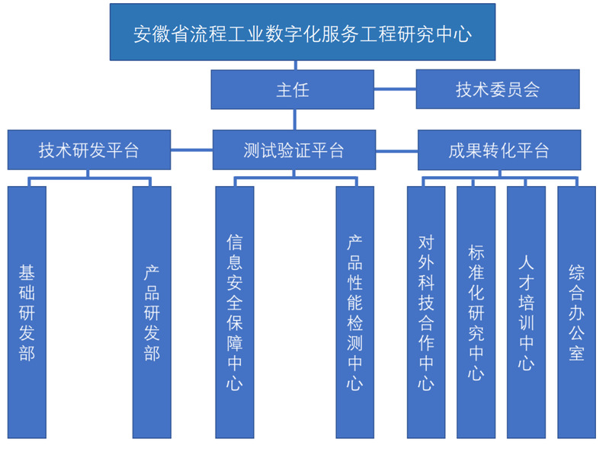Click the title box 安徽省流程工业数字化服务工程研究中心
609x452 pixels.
302,33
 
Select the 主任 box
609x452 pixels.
293,89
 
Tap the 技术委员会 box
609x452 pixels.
497,89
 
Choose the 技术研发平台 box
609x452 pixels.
89,150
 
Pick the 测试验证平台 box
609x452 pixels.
293,150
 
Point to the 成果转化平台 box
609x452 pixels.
498,150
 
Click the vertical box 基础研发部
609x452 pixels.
27,312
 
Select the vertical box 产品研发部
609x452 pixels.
152,312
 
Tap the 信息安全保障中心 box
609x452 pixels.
234,312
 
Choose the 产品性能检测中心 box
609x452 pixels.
354,312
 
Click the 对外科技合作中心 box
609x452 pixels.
425,312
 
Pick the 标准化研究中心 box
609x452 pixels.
476,312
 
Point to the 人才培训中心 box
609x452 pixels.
526,312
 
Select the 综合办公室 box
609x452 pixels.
576,312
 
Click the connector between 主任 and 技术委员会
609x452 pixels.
395,89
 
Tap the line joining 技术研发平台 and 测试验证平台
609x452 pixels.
191,150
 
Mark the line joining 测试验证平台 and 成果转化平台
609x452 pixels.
396,150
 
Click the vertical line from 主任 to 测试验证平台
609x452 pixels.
293,119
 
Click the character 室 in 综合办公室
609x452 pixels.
576,353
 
